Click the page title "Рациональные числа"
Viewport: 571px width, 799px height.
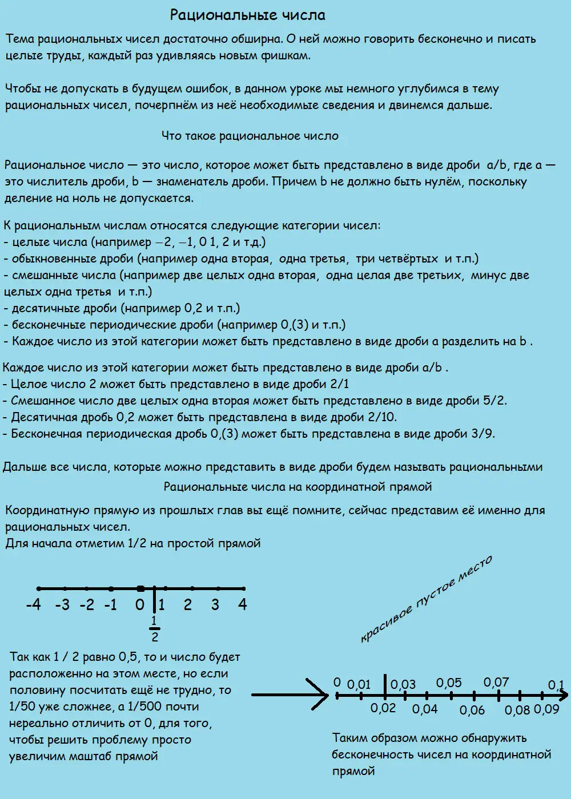tap(248, 15)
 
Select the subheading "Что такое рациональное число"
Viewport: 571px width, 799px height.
tap(250, 136)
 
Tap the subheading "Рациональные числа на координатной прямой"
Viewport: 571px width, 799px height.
tap(297, 487)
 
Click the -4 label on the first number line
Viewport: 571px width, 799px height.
tap(34, 604)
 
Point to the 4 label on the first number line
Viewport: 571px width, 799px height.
tap(243, 604)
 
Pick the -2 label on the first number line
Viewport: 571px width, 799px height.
tap(87, 604)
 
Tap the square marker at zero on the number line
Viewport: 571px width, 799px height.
tap(140, 588)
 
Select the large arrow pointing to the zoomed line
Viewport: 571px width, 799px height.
tap(290, 695)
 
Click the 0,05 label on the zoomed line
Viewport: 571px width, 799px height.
tap(449, 683)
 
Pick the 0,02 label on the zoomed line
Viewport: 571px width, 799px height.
tap(383, 708)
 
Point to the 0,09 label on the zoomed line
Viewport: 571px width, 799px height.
tap(546, 709)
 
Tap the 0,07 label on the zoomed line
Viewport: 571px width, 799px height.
tap(496, 682)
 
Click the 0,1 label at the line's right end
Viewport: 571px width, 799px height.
tap(556, 685)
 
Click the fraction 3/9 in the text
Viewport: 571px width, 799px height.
tap(482, 434)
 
